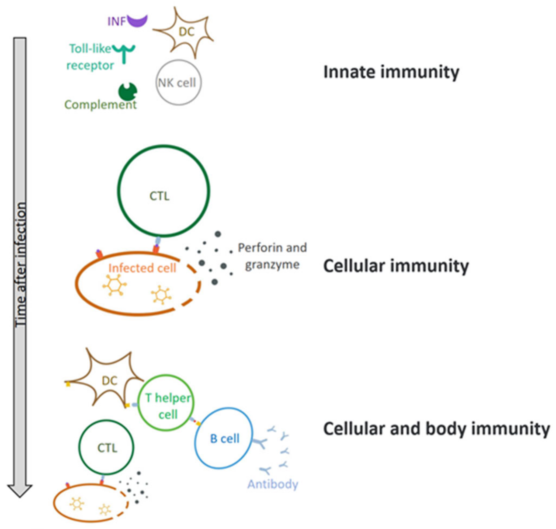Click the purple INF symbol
137,21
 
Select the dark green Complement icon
128,92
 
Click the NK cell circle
179,83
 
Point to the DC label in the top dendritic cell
187,32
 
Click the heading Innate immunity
391,72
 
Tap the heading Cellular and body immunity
436,429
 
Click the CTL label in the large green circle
159,196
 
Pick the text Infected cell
142,268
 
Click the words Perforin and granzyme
272,256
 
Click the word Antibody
273,484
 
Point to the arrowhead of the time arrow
20,491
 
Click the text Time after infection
21,265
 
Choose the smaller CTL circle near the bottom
106,447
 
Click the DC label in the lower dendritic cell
109,381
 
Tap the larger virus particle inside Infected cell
114,285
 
